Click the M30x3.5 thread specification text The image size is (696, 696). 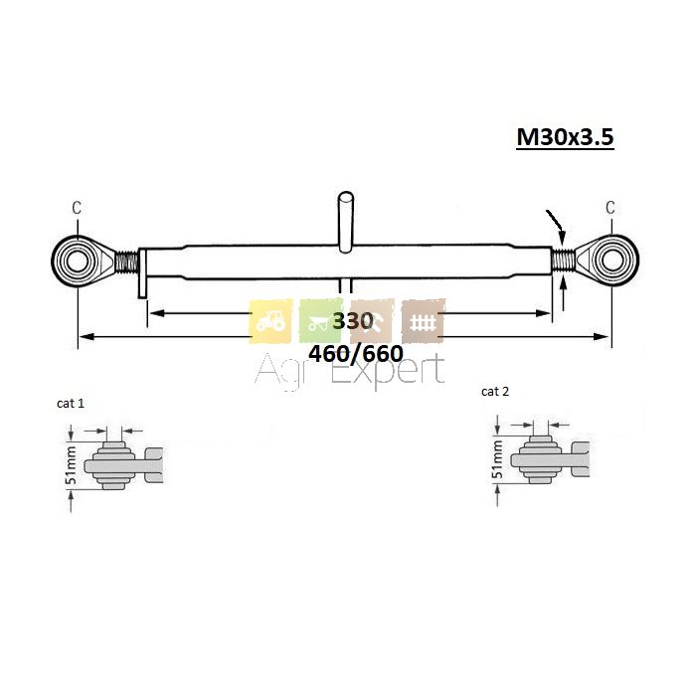[565, 136]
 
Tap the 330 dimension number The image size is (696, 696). [353, 320]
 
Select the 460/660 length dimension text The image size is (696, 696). [356, 354]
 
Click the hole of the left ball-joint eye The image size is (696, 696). [78, 261]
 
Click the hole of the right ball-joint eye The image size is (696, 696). [612, 261]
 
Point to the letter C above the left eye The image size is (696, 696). [77, 207]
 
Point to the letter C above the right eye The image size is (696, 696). [610, 207]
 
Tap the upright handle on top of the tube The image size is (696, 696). [346, 222]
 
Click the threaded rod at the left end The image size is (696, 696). [126, 261]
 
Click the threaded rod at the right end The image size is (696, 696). [564, 261]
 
